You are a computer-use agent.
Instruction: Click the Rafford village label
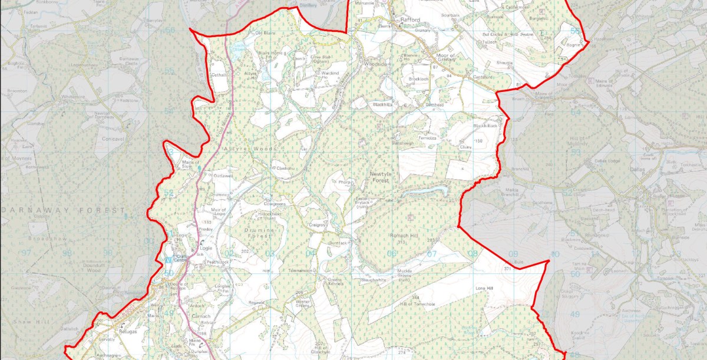tap(409, 20)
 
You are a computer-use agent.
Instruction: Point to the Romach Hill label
tap(403, 235)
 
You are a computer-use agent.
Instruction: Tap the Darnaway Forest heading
tap(64, 210)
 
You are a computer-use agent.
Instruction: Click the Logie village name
tap(205, 249)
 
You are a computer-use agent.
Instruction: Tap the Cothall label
tap(219, 75)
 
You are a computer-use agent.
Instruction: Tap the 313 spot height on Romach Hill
tap(402, 242)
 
